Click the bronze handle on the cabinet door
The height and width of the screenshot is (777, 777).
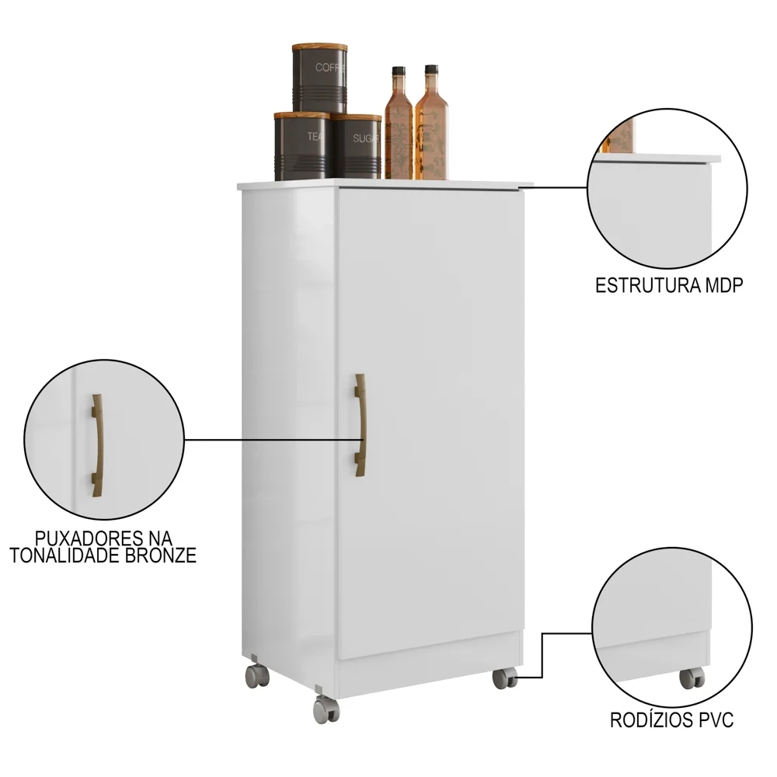pos(361,424)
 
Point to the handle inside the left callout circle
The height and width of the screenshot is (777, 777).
pos(96,444)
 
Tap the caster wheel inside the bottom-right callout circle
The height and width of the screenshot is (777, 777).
pos(691,678)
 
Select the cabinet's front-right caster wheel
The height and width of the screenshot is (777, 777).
pos(503,678)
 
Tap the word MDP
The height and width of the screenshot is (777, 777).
pos(723,285)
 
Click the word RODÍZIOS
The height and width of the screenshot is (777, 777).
pos(643,721)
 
